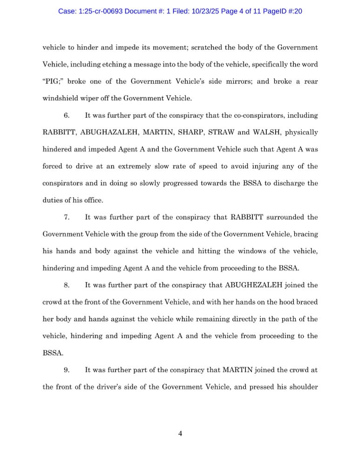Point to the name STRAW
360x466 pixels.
pos(219,132)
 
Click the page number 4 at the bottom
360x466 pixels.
pos(180,434)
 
